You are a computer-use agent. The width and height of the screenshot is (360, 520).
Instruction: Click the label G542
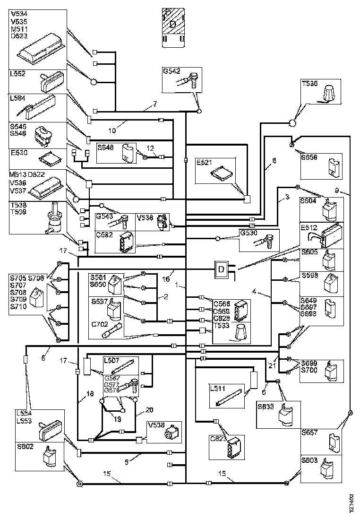click(x=171, y=71)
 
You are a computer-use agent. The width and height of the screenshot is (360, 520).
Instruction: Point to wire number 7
click(x=154, y=104)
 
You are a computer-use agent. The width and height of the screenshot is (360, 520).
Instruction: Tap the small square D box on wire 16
click(x=221, y=269)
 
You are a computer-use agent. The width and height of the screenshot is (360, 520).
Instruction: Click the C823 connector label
click(x=219, y=438)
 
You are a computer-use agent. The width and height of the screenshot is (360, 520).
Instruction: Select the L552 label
click(x=17, y=74)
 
